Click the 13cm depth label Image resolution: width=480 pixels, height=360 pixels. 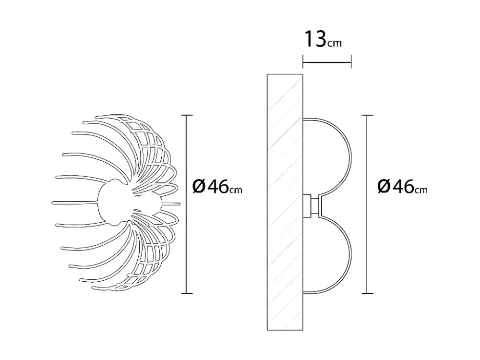(323, 39)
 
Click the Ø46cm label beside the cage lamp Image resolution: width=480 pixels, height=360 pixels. (217, 186)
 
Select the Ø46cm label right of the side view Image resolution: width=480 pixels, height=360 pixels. (402, 186)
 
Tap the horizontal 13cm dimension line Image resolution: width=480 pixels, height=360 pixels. (327, 62)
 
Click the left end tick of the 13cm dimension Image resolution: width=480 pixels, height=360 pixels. (303, 62)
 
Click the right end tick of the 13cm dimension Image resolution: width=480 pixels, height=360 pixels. (351, 62)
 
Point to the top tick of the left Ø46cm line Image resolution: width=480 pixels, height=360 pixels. (187, 115)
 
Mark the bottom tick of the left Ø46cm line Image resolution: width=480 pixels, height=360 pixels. (187, 293)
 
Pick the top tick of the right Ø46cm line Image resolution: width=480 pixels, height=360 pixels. (367, 115)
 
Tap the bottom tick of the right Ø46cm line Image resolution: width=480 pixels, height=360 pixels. (367, 293)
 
